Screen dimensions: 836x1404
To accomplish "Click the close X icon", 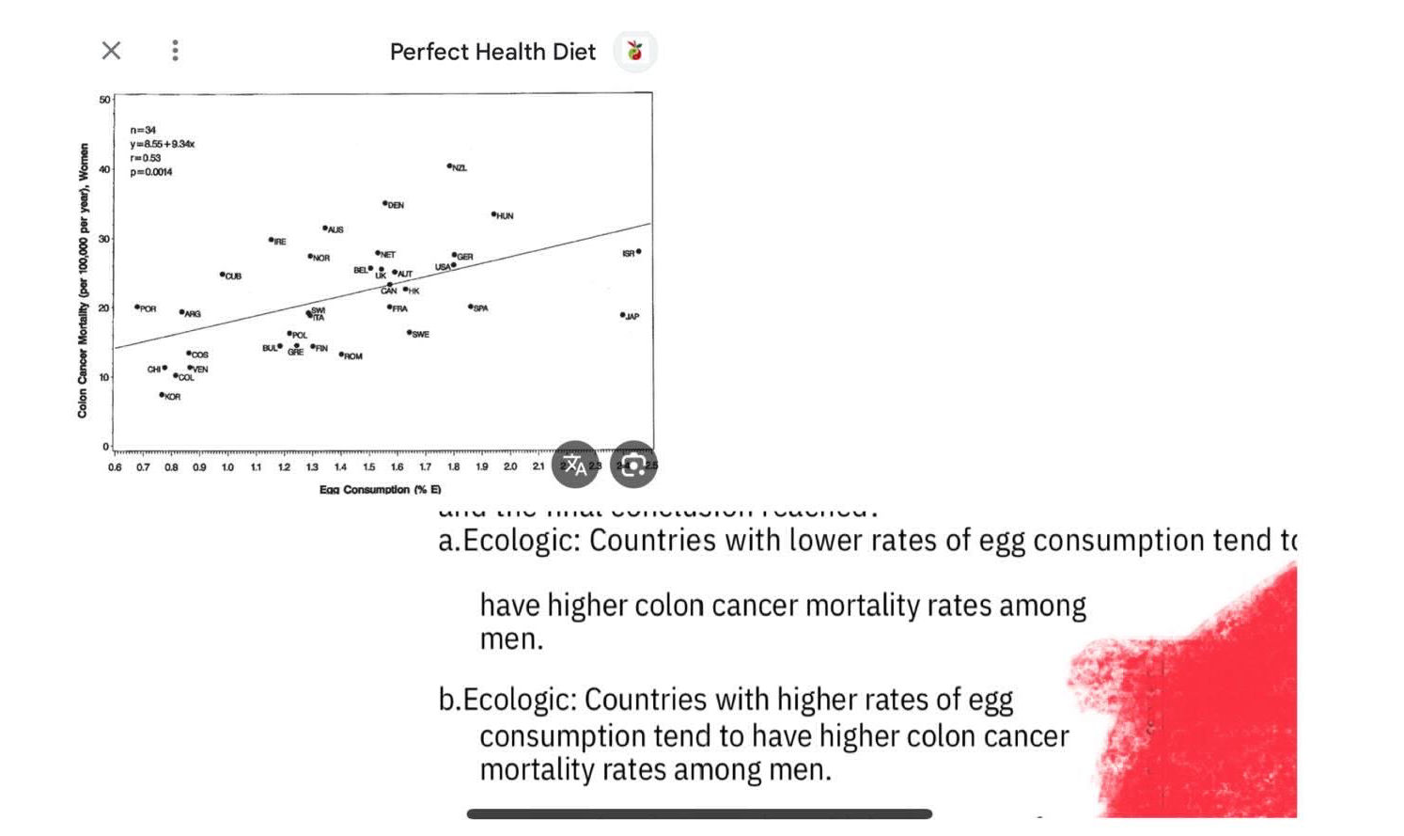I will [x=111, y=51].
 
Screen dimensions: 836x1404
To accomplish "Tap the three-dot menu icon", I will [x=175, y=51].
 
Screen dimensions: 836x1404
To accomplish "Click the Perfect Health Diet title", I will [x=492, y=52].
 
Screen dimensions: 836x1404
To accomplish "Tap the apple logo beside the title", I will [x=635, y=51].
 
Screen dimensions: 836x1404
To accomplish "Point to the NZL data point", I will [x=450, y=166].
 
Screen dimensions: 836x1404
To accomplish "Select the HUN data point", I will [x=493, y=214].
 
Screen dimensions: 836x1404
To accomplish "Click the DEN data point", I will [x=384, y=203].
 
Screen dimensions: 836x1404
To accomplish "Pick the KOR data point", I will [x=162, y=395].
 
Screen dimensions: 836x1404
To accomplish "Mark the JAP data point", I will [x=622, y=315].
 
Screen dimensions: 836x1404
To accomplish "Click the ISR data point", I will [x=639, y=251].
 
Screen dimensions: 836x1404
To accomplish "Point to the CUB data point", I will [x=223, y=275].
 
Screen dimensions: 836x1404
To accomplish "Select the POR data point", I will [x=137, y=307].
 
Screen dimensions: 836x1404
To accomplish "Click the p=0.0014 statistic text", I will [x=151, y=172].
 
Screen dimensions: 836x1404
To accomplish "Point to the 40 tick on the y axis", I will [x=104, y=169].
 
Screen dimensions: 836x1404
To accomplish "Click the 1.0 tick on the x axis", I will [x=227, y=466].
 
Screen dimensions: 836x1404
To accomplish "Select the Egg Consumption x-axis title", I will [x=380, y=489].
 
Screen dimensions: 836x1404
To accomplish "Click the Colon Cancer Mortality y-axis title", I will [x=83, y=280].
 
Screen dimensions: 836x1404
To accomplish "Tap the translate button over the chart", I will [x=575, y=465].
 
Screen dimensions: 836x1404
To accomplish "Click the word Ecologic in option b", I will [x=519, y=700].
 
